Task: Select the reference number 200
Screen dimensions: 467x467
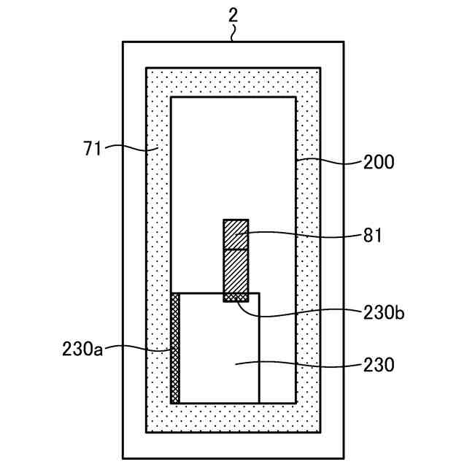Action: click(379, 162)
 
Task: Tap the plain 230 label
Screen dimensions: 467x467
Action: click(379, 364)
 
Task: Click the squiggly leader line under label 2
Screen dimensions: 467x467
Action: click(233, 34)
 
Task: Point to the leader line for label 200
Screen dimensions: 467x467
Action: click(328, 161)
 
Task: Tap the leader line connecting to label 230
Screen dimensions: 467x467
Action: click(299, 363)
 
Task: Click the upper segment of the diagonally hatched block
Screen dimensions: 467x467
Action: click(236, 234)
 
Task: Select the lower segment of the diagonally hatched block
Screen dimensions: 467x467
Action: click(236, 271)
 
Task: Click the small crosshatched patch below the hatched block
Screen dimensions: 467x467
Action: click(236, 297)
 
